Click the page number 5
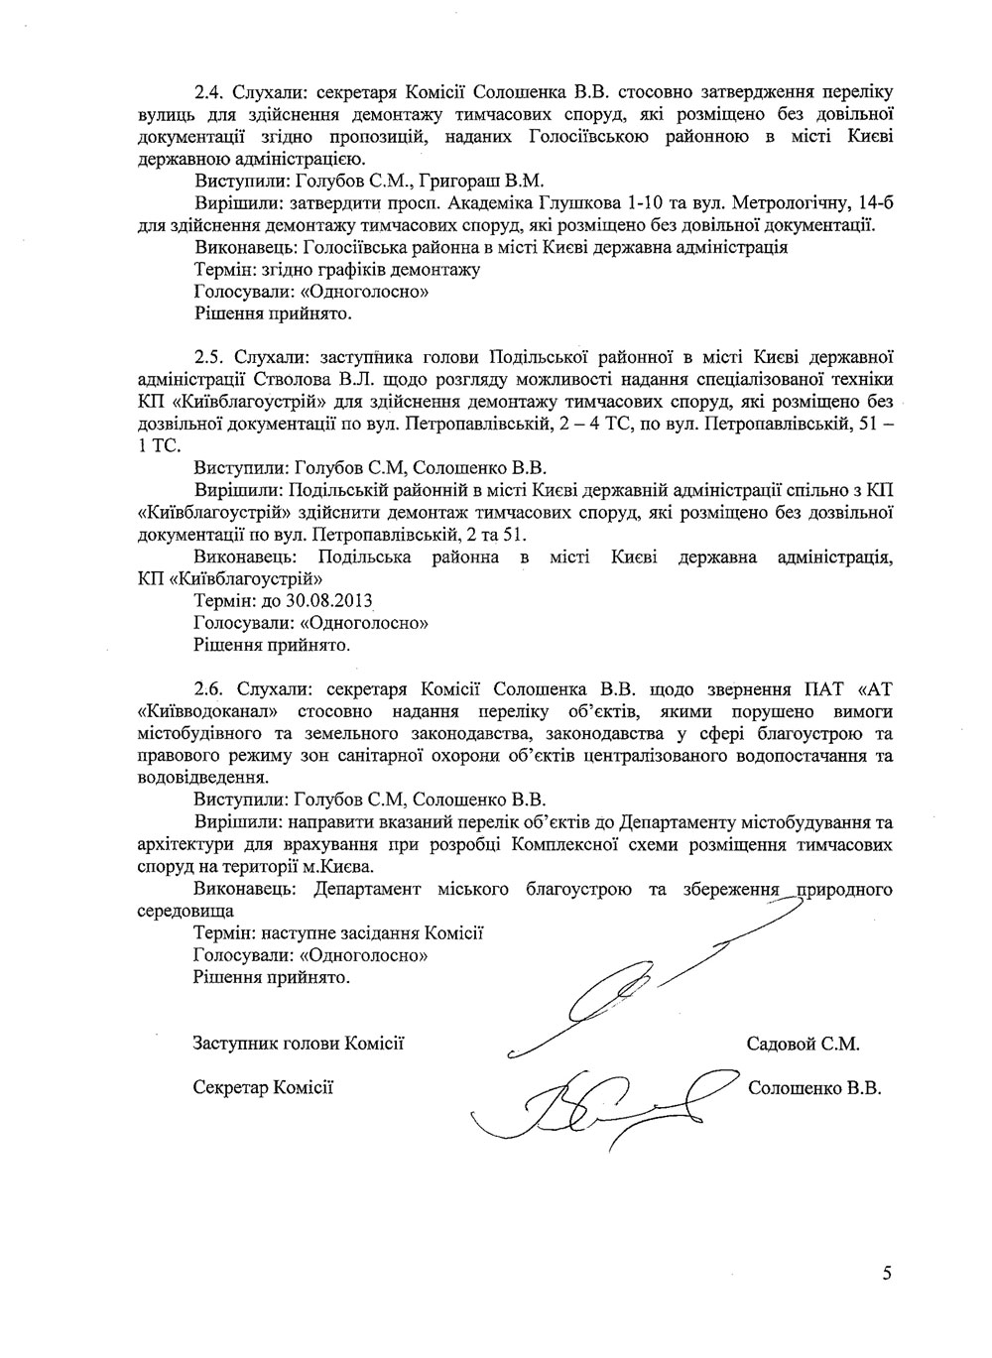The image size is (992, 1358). (886, 1273)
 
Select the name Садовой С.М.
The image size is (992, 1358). (803, 1044)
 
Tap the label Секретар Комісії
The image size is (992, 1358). (263, 1087)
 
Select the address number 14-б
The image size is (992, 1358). (871, 204)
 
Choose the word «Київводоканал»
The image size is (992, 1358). (208, 712)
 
